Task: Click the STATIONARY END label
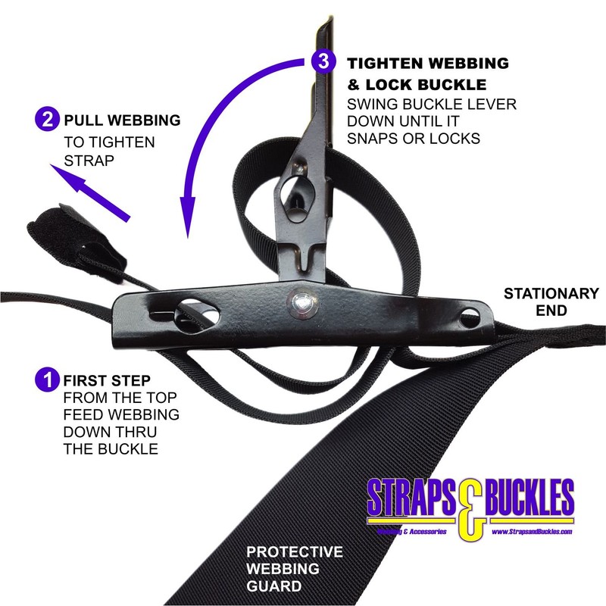click(x=551, y=301)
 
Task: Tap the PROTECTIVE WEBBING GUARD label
click(x=295, y=568)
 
